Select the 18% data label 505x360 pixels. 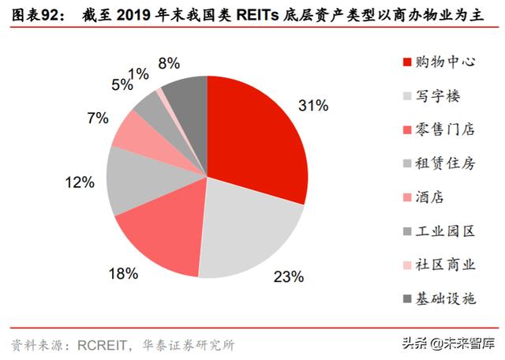click(124, 274)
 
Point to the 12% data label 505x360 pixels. click(80, 183)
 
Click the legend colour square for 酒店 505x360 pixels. click(406, 197)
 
